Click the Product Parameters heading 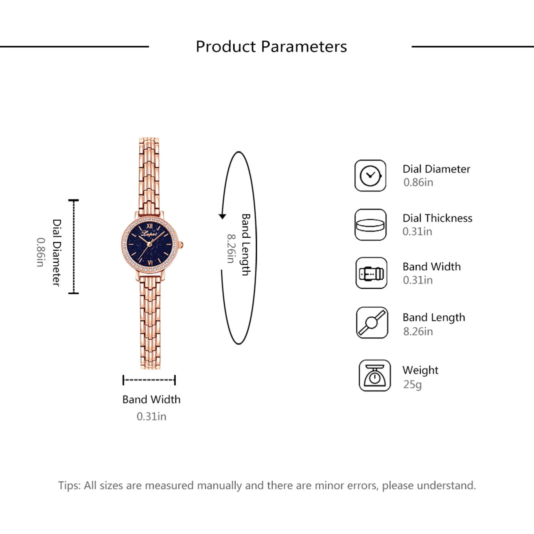click(x=271, y=46)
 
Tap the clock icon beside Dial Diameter click(x=370, y=176)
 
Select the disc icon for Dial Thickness click(x=370, y=225)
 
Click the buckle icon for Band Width click(x=371, y=273)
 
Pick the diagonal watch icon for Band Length click(x=372, y=323)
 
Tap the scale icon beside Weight click(x=374, y=375)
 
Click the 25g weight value click(x=412, y=384)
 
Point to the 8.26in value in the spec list click(x=418, y=331)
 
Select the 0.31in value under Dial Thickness click(x=417, y=232)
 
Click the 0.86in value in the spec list click(x=418, y=183)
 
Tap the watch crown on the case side click(x=182, y=245)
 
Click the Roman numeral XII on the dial click(x=150, y=227)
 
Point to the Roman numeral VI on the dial click(x=150, y=263)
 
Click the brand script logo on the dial click(x=149, y=234)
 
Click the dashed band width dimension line click(x=149, y=380)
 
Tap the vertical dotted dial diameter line click(x=73, y=247)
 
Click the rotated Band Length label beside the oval click(x=246, y=245)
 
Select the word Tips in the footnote click(x=69, y=485)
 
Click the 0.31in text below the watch click(x=151, y=417)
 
